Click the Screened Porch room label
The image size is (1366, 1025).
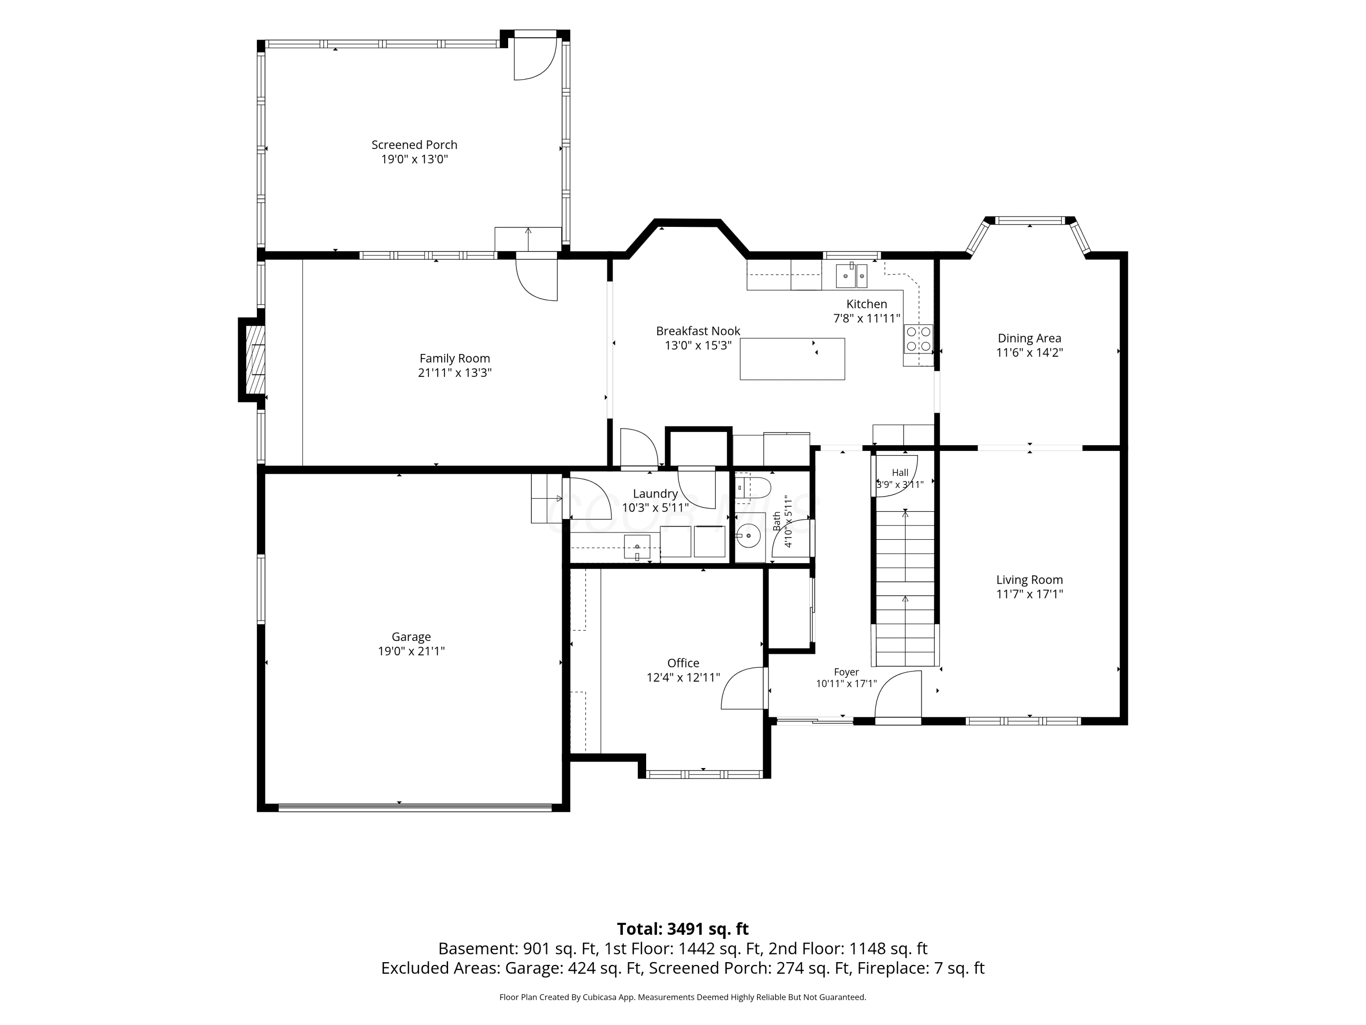tap(414, 144)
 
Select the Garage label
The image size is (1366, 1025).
tap(411, 636)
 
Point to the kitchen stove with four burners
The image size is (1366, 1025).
tap(918, 338)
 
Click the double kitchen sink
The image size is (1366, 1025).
tap(851, 275)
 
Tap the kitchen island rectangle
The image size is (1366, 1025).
tap(792, 359)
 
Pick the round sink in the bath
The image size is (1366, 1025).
tap(749, 536)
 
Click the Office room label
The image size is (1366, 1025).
tap(683, 663)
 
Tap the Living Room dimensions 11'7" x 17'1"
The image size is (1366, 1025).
tap(1030, 594)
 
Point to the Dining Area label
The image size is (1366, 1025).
tap(1030, 338)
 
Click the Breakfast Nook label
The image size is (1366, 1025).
tap(698, 331)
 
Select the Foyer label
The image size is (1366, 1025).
tap(846, 672)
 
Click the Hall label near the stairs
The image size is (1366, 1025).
tap(900, 473)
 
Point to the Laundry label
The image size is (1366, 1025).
tap(655, 494)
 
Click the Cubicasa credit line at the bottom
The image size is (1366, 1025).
tap(683, 997)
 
